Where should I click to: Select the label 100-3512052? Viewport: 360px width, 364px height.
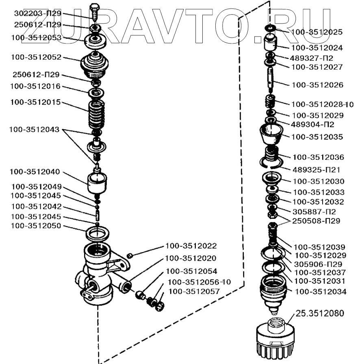tap(36, 57)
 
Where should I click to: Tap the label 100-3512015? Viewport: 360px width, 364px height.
tap(36, 102)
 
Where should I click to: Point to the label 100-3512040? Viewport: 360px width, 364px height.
tap(36, 172)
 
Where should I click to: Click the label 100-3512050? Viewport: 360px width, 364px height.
tap(36, 226)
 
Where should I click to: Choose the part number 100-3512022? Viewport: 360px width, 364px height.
tap(191, 246)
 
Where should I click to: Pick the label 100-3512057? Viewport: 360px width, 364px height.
tap(194, 291)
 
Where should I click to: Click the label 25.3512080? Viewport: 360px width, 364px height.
tap(320, 314)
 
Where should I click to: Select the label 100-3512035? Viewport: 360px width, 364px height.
tap(317, 137)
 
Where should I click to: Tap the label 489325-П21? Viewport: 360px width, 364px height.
tap(316, 169)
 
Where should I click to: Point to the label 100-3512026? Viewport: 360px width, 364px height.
tap(317, 85)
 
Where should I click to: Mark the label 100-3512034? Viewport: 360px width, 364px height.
tap(321, 291)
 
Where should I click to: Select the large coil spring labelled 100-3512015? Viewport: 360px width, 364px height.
tap(97, 115)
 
